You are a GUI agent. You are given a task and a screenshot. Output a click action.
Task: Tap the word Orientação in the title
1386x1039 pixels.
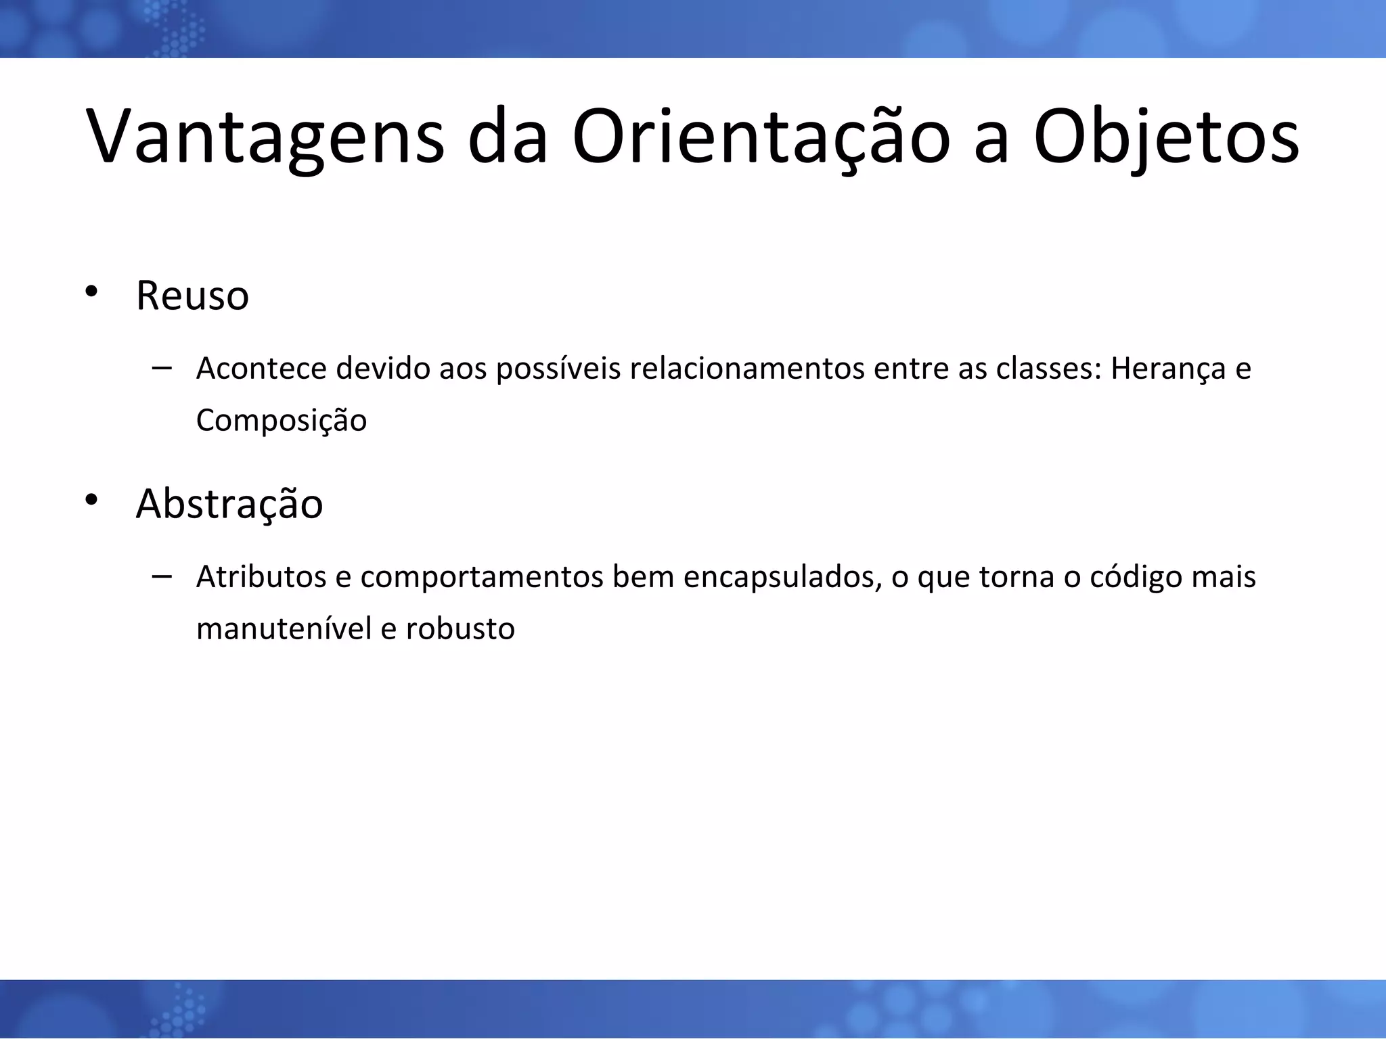click(x=761, y=137)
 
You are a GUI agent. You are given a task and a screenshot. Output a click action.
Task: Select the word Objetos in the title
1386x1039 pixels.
click(x=1166, y=137)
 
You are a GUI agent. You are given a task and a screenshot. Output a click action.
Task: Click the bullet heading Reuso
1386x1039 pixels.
click(x=192, y=296)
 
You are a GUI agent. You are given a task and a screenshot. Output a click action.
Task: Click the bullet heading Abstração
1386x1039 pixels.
click(x=229, y=504)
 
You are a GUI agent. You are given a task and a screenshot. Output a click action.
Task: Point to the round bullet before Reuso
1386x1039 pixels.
click(x=92, y=292)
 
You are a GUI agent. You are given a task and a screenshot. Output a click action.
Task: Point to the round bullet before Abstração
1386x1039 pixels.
click(x=92, y=501)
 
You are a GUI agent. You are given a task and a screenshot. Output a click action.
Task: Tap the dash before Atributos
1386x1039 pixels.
click(x=162, y=576)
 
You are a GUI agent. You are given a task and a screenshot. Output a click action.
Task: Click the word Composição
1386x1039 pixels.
click(x=282, y=421)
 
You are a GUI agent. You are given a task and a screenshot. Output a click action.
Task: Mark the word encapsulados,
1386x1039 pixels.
click(x=782, y=578)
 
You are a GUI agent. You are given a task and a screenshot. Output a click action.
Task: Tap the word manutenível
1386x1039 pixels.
click(x=284, y=629)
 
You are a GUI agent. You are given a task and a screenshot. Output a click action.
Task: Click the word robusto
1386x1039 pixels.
click(x=460, y=629)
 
